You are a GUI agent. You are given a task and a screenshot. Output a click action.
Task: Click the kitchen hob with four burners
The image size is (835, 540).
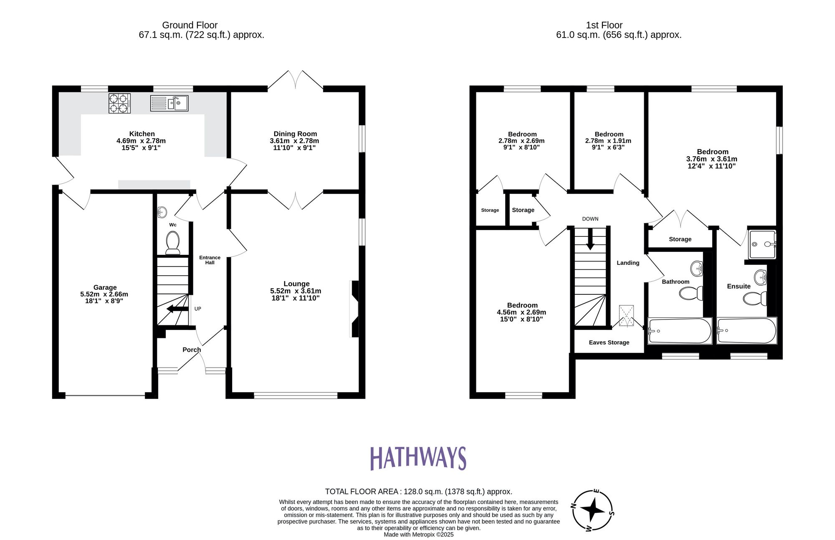(x=119, y=103)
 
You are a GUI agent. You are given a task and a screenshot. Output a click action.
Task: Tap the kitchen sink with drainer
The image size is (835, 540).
(x=169, y=103)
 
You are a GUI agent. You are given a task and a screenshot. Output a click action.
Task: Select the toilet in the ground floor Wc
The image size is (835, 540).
(x=173, y=243)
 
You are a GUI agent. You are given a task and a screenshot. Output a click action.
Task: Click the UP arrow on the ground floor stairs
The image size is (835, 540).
(x=177, y=309)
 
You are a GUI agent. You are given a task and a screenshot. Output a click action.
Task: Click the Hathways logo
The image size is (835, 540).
(x=418, y=458)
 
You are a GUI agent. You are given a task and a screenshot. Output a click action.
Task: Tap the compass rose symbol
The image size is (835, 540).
(x=592, y=510)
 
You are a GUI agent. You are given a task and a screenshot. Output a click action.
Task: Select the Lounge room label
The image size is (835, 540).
(x=296, y=284)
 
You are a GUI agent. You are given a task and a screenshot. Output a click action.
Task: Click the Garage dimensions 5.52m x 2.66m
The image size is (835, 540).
(x=104, y=294)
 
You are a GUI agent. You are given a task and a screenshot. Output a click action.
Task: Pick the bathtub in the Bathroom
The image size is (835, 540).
(x=679, y=331)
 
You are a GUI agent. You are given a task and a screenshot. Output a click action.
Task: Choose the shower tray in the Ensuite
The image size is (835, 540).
(x=762, y=244)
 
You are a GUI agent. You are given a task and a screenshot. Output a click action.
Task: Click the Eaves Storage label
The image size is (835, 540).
(x=609, y=342)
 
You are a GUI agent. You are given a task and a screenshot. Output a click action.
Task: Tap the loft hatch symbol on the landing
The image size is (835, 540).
(x=626, y=316)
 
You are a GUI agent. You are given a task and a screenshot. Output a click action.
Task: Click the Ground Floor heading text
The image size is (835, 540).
(x=190, y=25)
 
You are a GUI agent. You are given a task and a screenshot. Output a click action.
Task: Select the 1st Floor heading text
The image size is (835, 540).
(x=604, y=25)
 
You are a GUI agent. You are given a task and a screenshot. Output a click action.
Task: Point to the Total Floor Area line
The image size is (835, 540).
(x=418, y=492)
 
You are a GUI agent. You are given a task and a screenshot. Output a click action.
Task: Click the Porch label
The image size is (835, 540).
(x=192, y=350)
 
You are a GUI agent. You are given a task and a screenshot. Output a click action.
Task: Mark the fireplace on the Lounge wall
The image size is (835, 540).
(x=354, y=309)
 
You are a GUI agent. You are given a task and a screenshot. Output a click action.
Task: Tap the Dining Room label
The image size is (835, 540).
(x=295, y=134)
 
